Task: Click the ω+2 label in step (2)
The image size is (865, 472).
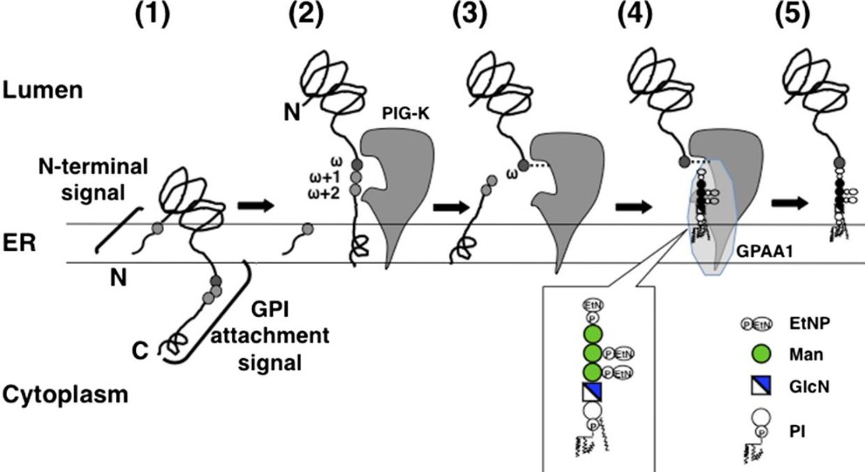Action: (313, 194)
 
